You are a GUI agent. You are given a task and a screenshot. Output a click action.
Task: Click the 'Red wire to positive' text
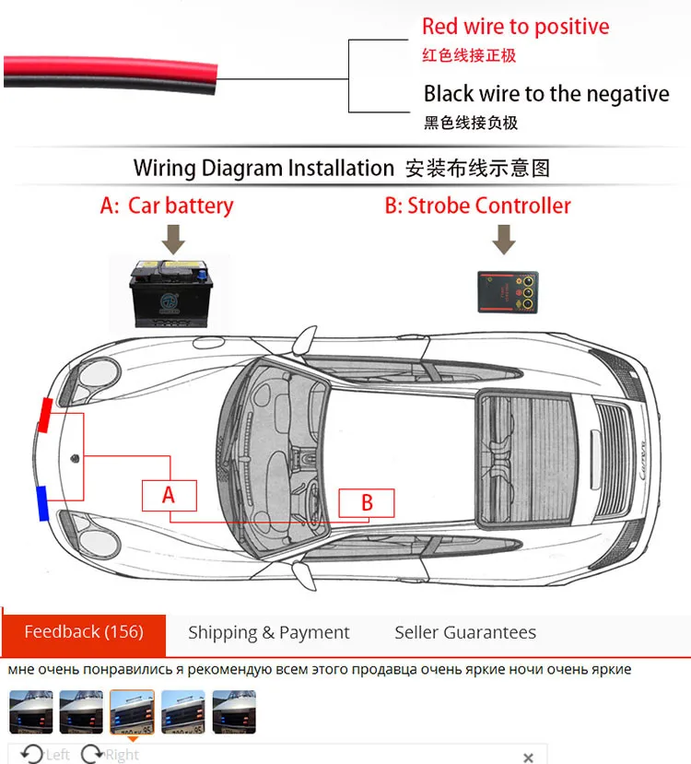(515, 27)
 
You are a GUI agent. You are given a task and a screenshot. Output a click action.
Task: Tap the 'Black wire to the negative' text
(545, 94)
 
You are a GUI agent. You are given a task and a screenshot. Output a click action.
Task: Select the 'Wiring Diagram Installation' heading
(264, 168)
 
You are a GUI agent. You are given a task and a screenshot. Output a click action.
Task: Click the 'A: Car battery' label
(167, 206)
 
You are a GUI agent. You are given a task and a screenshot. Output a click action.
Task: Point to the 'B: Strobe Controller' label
(477, 206)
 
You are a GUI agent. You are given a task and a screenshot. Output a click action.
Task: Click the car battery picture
(169, 293)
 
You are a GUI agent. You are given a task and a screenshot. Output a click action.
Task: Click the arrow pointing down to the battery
(172, 241)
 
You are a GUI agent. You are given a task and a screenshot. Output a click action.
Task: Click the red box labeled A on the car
(169, 495)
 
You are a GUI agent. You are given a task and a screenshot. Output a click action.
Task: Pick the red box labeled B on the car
(366, 503)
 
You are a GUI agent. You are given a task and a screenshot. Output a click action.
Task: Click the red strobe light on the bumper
(42, 416)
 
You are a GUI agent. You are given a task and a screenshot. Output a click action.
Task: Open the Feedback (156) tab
(84, 632)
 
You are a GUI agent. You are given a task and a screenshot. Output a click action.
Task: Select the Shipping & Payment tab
(268, 633)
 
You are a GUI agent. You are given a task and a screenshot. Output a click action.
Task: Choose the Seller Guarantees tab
(465, 633)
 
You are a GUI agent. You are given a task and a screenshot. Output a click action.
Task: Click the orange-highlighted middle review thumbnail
(132, 711)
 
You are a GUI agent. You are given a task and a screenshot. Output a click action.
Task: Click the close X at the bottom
(528, 758)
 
